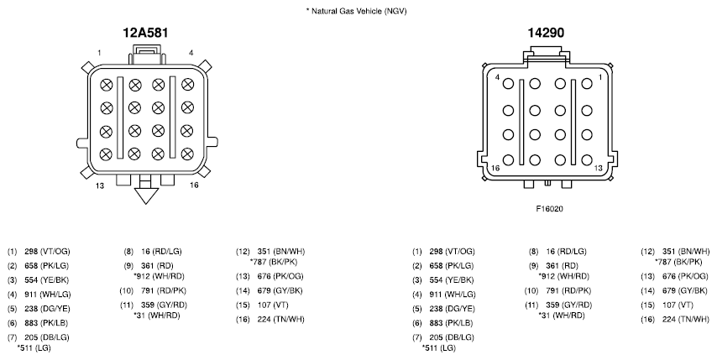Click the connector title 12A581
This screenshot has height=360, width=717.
145,33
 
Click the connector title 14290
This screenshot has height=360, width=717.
546,33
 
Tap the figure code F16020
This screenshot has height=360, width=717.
550,209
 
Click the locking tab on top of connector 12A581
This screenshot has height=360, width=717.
147,55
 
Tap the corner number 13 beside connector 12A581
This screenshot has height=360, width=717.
100,186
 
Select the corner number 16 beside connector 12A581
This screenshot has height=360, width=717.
194,185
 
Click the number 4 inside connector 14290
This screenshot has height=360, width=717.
498,77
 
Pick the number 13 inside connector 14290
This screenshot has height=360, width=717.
598,168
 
